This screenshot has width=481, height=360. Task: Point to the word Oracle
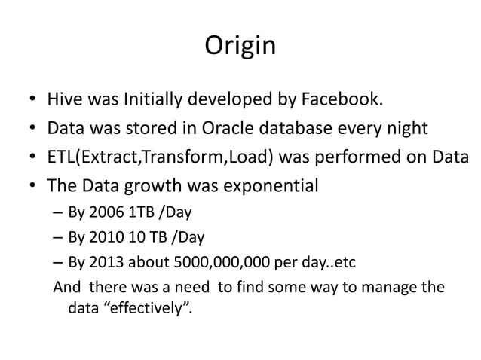[x=250, y=128]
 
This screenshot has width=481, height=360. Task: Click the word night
[x=408, y=128]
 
